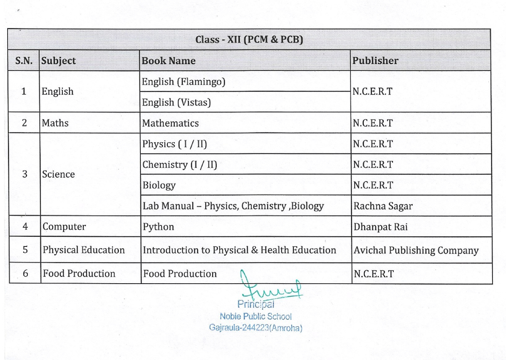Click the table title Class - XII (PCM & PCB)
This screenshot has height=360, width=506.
[249, 40]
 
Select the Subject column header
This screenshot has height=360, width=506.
[59, 61]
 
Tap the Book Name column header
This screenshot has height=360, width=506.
[169, 61]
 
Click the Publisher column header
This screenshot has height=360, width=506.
[375, 61]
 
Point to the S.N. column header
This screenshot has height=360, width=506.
[24, 61]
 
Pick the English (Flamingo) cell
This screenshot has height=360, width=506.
[183, 81]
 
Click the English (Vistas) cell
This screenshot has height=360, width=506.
[176, 102]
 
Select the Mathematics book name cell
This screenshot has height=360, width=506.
[170, 123]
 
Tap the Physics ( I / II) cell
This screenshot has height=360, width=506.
[175, 144]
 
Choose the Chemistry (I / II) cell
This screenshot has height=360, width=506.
[180, 165]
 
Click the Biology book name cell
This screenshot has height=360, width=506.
[159, 185]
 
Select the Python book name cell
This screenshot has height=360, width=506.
[158, 227]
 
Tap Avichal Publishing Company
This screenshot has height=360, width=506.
[416, 250]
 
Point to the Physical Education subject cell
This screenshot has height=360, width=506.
[83, 250]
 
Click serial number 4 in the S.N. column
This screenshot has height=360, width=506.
[25, 227]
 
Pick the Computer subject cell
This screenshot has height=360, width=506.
[64, 227]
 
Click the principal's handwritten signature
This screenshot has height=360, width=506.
[270, 288]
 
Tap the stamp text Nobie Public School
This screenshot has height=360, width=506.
[256, 316]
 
